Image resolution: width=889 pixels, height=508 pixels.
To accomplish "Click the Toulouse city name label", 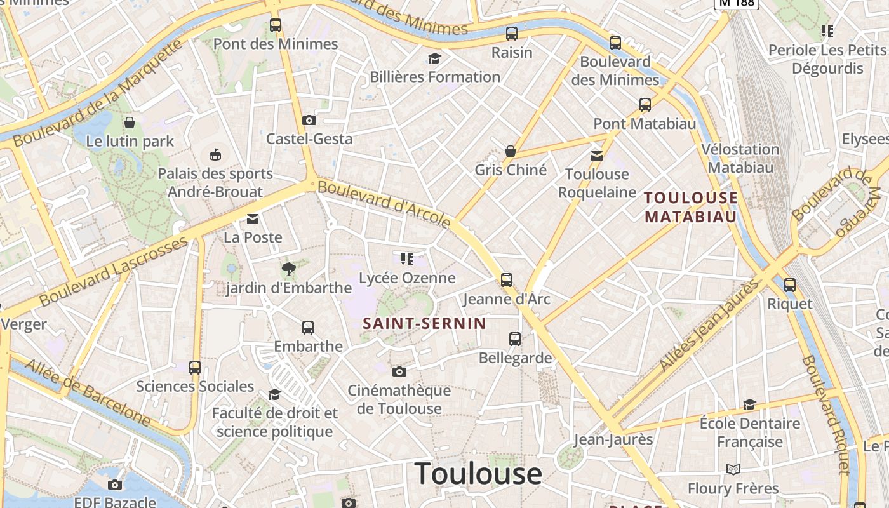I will click(478, 474).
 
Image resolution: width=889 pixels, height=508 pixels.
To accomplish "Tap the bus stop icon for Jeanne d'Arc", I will click(507, 279).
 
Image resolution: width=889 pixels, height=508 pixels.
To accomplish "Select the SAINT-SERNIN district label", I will click(424, 323).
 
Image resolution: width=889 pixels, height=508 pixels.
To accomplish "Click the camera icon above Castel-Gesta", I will click(309, 120).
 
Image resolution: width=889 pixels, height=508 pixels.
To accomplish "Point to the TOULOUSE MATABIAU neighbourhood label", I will click(691, 207).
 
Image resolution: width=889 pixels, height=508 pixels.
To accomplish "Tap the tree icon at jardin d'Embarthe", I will click(289, 269).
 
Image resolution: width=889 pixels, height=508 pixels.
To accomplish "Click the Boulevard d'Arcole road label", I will click(384, 203).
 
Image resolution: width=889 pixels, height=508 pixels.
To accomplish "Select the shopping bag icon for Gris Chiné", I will click(510, 151).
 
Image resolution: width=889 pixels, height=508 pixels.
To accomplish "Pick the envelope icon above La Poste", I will click(253, 219).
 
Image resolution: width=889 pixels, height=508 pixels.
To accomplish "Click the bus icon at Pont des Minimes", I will click(276, 25).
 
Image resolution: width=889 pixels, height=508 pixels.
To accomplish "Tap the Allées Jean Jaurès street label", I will click(710, 324).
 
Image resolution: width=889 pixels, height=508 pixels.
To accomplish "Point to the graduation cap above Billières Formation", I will click(434, 59).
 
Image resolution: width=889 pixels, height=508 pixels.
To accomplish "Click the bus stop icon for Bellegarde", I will click(515, 339).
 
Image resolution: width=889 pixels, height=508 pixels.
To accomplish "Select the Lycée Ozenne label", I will click(407, 278).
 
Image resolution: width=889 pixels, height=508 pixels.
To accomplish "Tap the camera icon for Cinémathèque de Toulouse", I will click(399, 371).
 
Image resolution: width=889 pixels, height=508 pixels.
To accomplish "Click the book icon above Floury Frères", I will click(733, 469).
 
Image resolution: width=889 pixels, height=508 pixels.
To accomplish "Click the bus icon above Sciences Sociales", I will click(195, 367).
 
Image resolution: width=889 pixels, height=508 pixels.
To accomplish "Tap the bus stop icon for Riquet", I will click(790, 285).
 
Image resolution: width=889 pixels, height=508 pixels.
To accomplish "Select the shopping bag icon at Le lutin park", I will click(130, 123).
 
